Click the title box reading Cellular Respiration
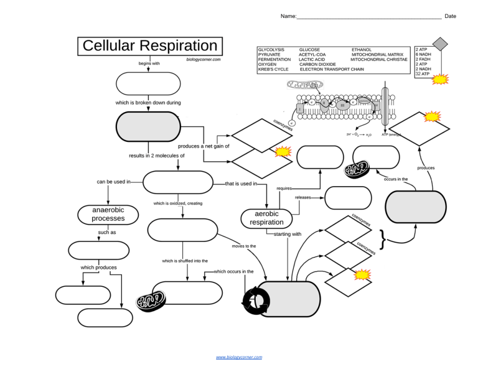pyautogui.click(x=150, y=47)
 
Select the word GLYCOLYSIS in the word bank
pyautogui.click(x=271, y=49)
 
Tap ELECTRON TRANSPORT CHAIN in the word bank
pyautogui.click(x=332, y=70)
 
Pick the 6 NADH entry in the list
pyautogui.click(x=423, y=55)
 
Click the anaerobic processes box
pyautogui.click(x=108, y=214)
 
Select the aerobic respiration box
pyautogui.click(x=266, y=218)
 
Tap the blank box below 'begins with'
pyautogui.click(x=148, y=83)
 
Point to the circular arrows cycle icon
pyautogui.click(x=256, y=300)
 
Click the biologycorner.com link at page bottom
pyautogui.click(x=239, y=357)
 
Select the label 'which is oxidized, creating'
pyautogui.click(x=177, y=203)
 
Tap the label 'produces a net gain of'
pyautogui.click(x=203, y=146)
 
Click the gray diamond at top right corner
pyautogui.click(x=440, y=44)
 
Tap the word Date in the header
pyautogui.click(x=450, y=16)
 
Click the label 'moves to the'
pyautogui.click(x=243, y=246)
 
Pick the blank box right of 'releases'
pyautogui.click(x=348, y=198)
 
